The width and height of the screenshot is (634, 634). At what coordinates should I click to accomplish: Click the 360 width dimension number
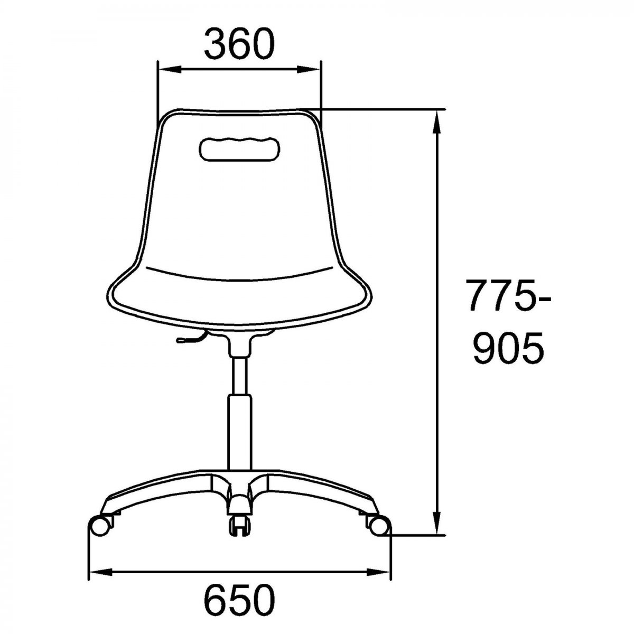[x=239, y=44]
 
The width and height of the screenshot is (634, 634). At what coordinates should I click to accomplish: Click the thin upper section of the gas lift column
[x=239, y=376]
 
